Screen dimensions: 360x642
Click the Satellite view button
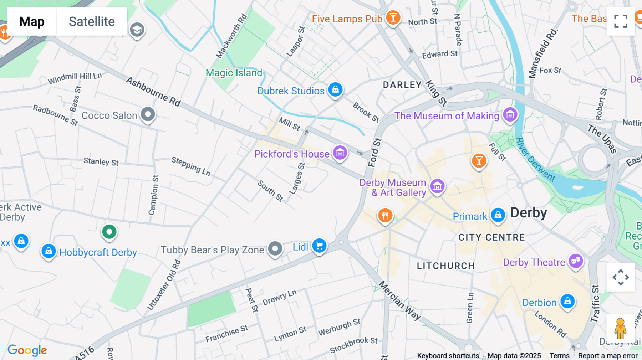[92, 21]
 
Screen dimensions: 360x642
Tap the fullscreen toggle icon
[621, 21]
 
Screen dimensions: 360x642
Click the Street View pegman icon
[620, 328]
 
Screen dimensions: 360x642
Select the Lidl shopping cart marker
[319, 246]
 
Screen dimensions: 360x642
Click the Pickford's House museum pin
[340, 153]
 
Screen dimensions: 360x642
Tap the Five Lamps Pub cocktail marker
[393, 17]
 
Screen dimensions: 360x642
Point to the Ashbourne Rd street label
[153, 92]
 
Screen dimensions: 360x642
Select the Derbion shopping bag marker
[567, 302]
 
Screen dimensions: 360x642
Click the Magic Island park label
[234, 73]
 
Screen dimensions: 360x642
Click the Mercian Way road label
[399, 300]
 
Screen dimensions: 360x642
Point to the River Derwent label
[535, 159]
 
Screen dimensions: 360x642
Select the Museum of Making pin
[510, 115]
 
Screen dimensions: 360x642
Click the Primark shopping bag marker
[498, 215]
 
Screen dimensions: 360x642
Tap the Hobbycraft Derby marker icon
[49, 251]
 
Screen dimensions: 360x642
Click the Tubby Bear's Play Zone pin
[275, 248]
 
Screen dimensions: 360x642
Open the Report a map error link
[608, 356]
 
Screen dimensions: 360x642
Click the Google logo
[27, 350]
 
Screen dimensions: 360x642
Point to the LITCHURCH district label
[445, 266]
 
